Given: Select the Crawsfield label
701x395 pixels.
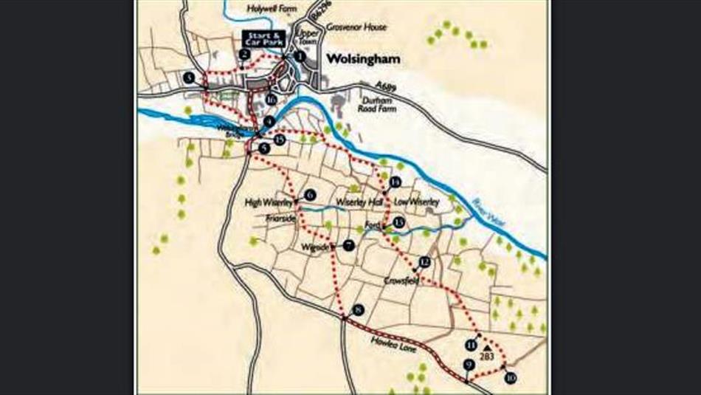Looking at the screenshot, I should coord(401,281).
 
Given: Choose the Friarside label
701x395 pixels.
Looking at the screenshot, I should coord(281,219).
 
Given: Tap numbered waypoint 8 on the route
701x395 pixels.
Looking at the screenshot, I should coord(359,310).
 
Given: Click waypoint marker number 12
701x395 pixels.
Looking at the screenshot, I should coord(424,262).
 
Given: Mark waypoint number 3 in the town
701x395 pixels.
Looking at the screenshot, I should coord(190,78).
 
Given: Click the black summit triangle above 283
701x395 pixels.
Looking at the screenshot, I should coord(487,345).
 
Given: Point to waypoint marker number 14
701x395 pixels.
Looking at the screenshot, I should coord(396,182).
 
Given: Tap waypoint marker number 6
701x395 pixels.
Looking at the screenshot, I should coord(310,194).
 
